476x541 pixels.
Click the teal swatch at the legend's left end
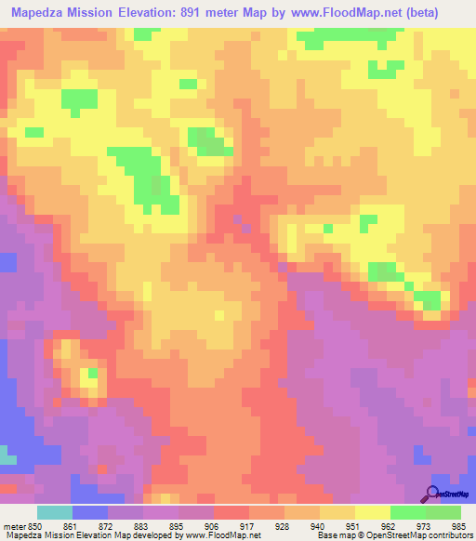click(55, 511)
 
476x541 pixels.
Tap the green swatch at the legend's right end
click(443, 511)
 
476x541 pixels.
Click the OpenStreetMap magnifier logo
click(432, 494)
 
